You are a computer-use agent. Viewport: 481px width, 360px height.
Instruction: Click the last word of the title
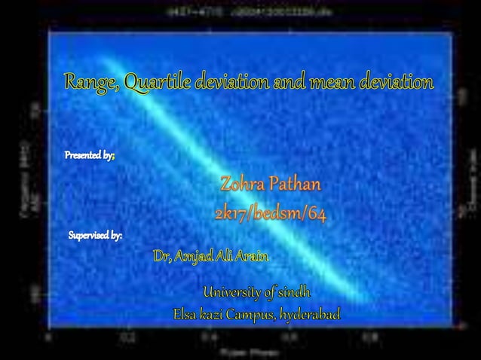click(397, 83)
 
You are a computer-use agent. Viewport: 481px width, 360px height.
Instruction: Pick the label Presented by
click(88, 156)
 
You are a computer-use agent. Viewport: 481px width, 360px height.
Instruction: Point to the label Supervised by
click(95, 236)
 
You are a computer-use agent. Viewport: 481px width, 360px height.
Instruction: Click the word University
click(234, 291)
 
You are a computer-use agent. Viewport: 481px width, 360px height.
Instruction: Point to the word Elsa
click(188, 313)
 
